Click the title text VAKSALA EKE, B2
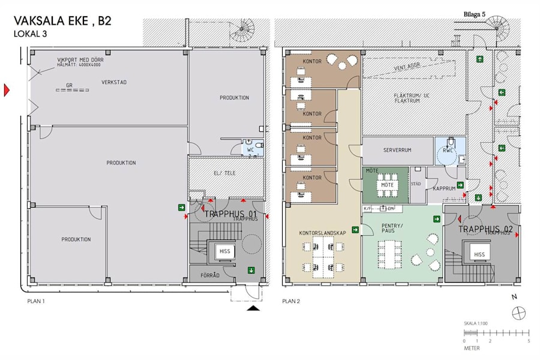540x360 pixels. [x=62, y=22]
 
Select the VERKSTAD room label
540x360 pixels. [x=114, y=82]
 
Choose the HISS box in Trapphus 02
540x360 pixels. [x=479, y=254]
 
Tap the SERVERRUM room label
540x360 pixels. [x=397, y=150]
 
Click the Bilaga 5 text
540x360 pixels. [x=475, y=14]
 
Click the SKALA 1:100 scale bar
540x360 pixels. [x=496, y=332]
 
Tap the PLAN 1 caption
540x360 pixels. [x=37, y=301]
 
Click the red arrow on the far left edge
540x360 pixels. [x=7, y=91]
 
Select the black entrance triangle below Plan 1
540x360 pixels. [x=254, y=308]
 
